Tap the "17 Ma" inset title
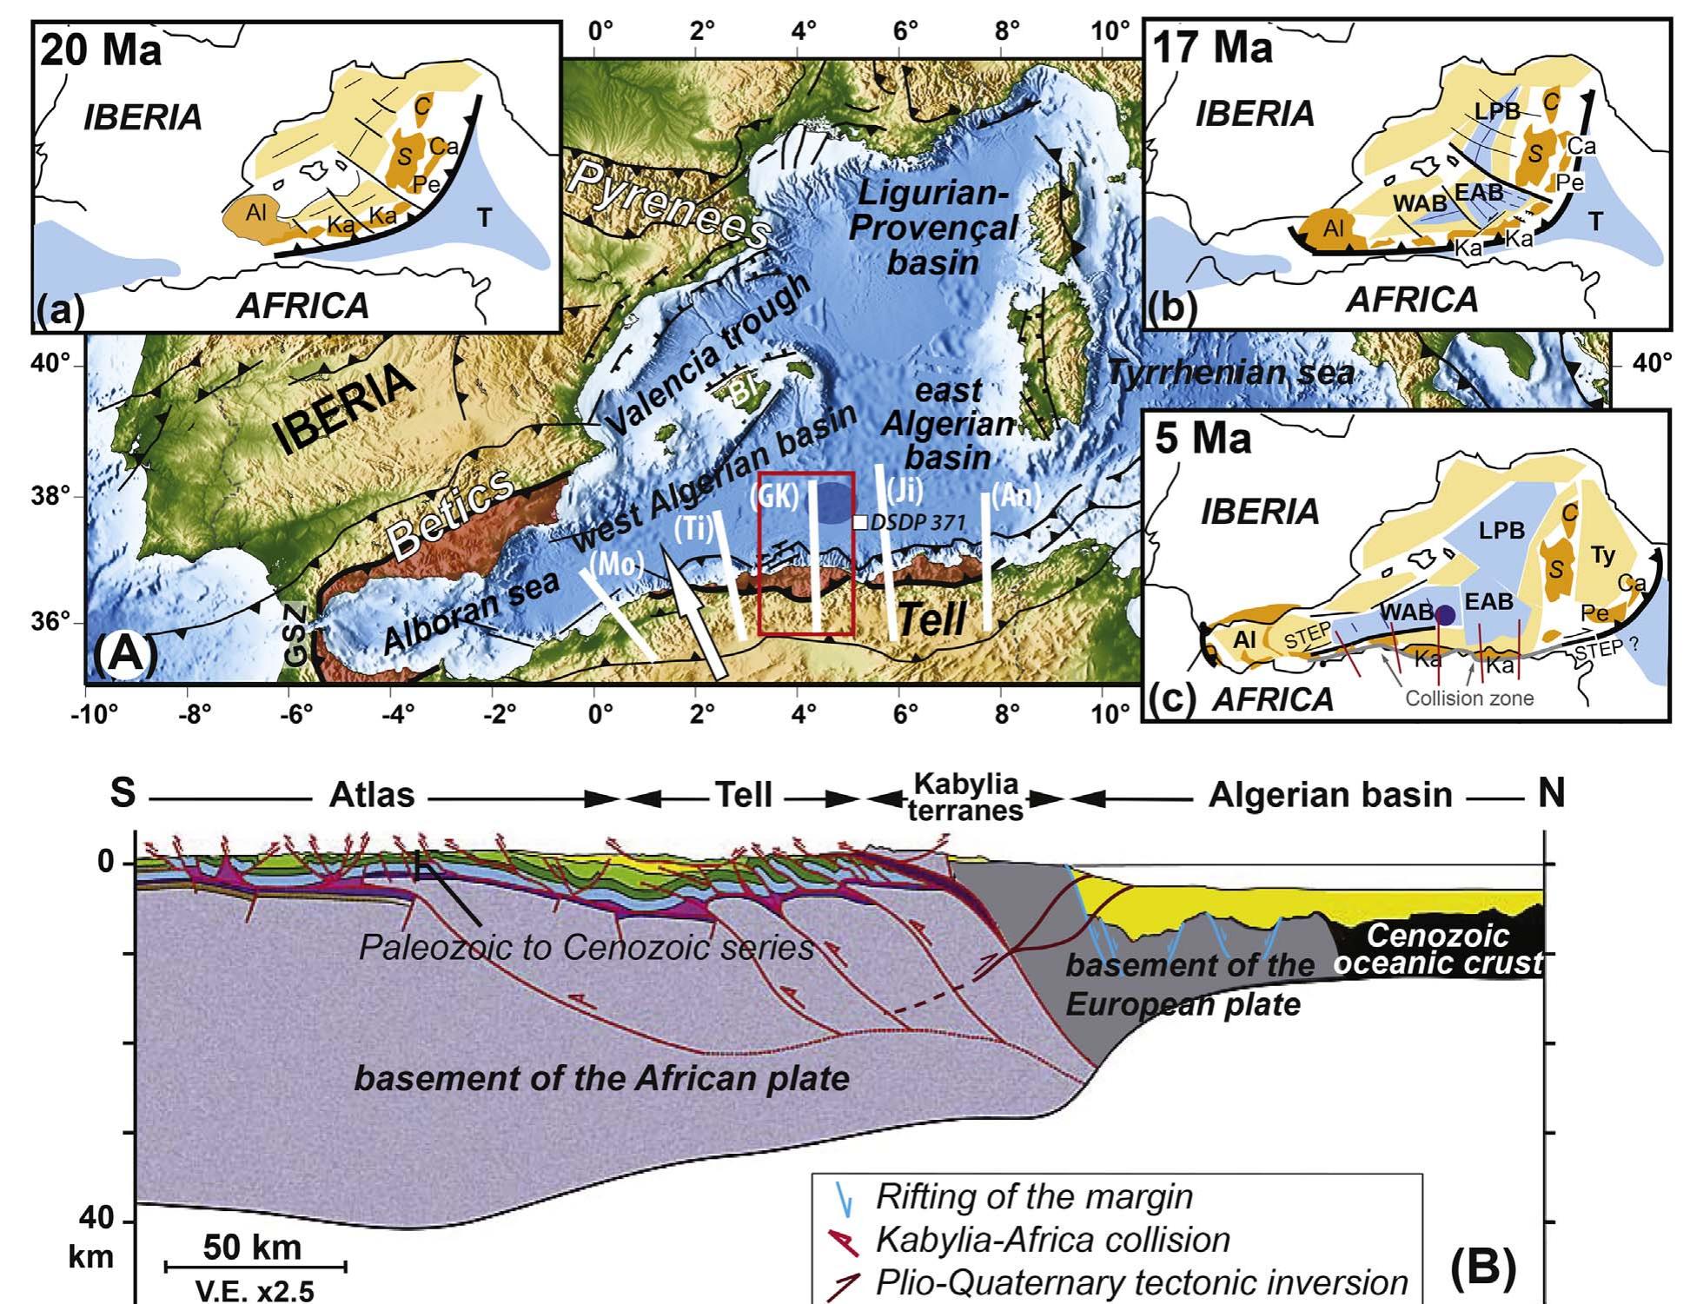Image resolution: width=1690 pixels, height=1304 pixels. pyautogui.click(x=1212, y=47)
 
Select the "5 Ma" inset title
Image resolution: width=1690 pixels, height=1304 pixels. pyautogui.click(x=1203, y=438)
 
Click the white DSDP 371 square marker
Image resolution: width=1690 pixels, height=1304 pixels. pyautogui.click(x=859, y=522)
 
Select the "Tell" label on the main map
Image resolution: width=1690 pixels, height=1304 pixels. pyautogui.click(x=931, y=619)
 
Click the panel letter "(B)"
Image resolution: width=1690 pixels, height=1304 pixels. pyautogui.click(x=1483, y=1264)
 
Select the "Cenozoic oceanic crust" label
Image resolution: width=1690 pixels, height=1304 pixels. pyautogui.click(x=1439, y=949)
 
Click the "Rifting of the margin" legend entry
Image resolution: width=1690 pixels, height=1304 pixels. pyautogui.click(x=1033, y=1196)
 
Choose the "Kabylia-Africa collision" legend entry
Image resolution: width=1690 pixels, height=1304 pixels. pyautogui.click(x=1052, y=1240)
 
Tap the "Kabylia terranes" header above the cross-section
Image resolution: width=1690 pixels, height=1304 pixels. pyautogui.click(x=965, y=797)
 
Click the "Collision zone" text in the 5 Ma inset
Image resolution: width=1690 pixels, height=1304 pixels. pyautogui.click(x=1469, y=698)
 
